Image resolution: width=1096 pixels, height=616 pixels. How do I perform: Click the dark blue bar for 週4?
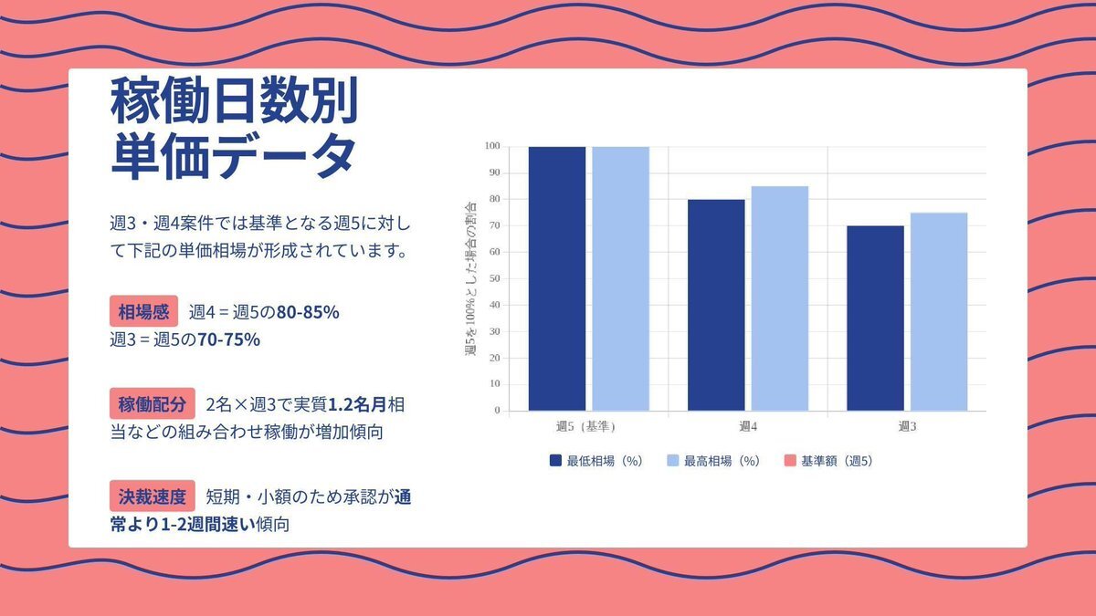716,305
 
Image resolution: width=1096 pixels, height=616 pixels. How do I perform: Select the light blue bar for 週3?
938,311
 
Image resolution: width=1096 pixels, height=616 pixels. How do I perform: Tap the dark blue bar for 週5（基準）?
556,278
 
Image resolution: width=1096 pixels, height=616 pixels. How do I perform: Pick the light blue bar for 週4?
779,298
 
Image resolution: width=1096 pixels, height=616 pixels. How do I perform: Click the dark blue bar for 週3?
875,318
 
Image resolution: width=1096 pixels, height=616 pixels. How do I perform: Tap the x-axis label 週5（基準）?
587,426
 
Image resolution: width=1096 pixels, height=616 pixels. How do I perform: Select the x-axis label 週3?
907,426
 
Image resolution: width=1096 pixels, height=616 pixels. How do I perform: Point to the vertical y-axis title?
471,278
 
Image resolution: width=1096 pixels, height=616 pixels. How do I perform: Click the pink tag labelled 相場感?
143,311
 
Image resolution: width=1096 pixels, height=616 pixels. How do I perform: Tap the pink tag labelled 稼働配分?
153,403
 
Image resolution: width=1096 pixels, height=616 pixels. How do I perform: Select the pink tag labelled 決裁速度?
153,496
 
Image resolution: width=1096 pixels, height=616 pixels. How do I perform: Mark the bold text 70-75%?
229,339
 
